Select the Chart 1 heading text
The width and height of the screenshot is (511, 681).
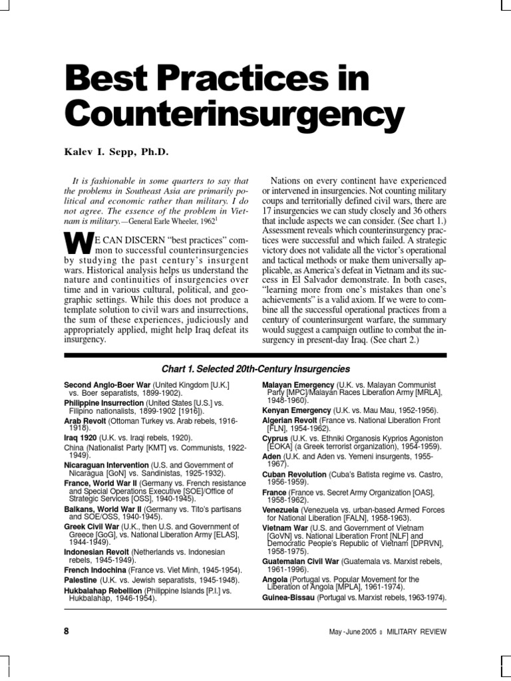click(255, 369)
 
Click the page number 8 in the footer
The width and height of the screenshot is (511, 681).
click(67, 631)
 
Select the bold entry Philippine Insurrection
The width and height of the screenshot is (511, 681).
click(104, 403)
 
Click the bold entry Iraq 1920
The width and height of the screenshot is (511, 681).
click(81, 438)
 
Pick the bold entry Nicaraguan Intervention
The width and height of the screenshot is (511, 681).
click(106, 465)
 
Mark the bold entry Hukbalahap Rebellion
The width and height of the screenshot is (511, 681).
click(102, 591)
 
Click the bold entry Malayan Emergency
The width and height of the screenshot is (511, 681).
click(298, 386)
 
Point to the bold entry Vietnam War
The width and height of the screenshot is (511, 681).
click(285, 527)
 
